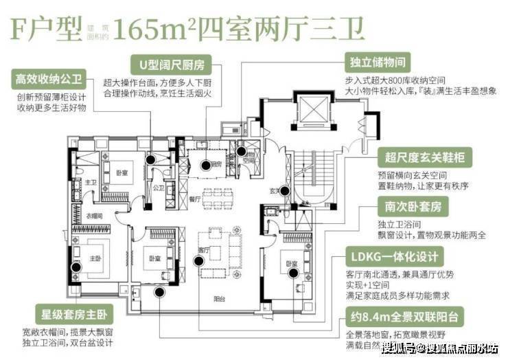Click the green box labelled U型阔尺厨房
point(172,64)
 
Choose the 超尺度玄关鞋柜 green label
point(423,159)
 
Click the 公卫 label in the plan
point(157,186)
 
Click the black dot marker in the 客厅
point(198,260)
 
